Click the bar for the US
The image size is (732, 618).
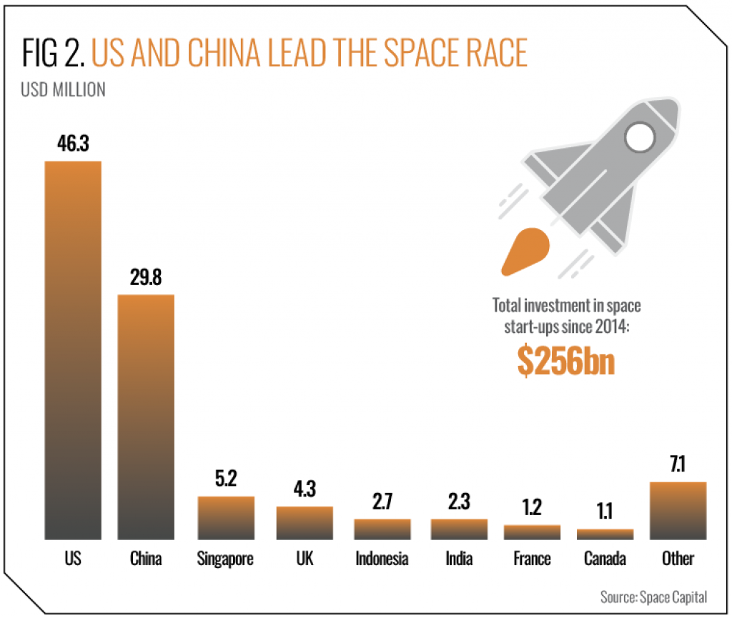click(73, 350)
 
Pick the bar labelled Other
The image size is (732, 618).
click(678, 510)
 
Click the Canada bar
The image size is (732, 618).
click(605, 534)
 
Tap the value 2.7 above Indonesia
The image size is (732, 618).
click(382, 503)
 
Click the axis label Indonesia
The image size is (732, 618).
click(382, 558)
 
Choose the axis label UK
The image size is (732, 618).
click(305, 558)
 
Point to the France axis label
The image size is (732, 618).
click(532, 558)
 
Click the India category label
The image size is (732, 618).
click(457, 558)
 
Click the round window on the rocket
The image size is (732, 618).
click(640, 135)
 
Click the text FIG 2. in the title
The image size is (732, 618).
click(52, 54)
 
